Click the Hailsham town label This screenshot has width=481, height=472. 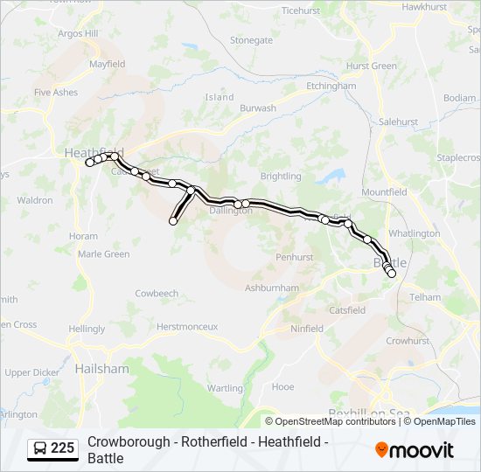tap(101, 369)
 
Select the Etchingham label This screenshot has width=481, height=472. tap(331, 87)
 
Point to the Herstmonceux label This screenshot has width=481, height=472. tap(186, 326)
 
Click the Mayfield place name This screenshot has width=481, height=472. tap(107, 64)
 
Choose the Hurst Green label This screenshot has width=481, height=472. tap(371, 66)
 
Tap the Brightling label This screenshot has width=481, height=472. tap(280, 176)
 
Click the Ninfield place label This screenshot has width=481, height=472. tap(306, 329)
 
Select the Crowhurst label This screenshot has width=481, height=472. tap(407, 341)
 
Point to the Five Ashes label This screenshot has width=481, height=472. tap(56, 92)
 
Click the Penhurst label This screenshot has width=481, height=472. tap(294, 258)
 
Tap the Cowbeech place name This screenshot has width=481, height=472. tap(157, 294)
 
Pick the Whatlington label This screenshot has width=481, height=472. tap(414, 233)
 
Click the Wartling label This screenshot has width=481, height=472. tap(225, 388)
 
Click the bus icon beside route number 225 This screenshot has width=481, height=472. tap(40, 448)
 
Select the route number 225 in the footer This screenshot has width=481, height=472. tap(62, 448)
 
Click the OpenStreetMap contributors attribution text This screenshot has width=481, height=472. tap(333, 421)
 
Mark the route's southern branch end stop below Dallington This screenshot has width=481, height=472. tap(173, 221)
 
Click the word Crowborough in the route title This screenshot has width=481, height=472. tap(127, 442)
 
